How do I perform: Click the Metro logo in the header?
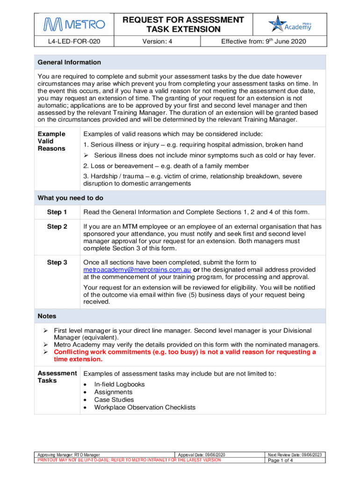tap(74, 24)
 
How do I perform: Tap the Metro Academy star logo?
tap(289, 24)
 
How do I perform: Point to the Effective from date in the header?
tap(263, 42)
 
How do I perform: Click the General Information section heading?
tap(69, 62)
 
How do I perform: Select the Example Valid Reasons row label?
tap(51, 141)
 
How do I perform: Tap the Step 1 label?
tap(57, 212)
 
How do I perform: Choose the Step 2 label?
tap(57, 226)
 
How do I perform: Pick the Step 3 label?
tap(57, 262)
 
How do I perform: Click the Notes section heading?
tap(47, 316)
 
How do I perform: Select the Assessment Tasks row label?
tap(57, 377)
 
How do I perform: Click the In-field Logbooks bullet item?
tap(119, 385)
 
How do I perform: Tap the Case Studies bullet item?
tap(114, 399)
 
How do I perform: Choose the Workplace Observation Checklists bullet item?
tap(144, 407)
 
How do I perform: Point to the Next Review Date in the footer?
tap(294, 455)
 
